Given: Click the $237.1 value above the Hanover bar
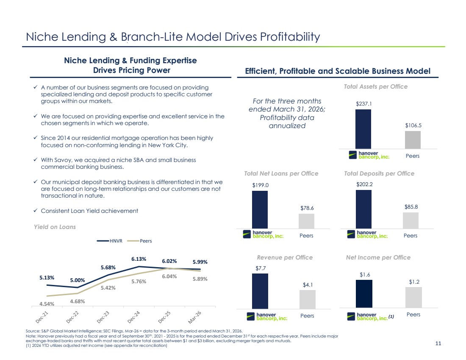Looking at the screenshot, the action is coord(364,104).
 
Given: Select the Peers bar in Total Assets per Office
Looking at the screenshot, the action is coord(413,140).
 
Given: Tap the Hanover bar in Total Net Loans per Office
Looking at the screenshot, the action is coord(260,210).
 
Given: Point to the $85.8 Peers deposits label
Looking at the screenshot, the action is coord(411,207).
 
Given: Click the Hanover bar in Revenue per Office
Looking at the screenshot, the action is coord(260,291).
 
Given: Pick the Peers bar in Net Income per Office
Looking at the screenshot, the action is coord(414,298).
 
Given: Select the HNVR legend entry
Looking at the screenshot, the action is coord(110,241).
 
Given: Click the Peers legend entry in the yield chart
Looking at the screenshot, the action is coord(140,241).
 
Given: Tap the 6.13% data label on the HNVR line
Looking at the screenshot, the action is coord(139,259).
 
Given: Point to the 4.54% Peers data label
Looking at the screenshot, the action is coord(47,304).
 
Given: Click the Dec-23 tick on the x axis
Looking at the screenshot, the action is coord(103,317).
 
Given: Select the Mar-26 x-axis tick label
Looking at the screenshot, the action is coord(195,317).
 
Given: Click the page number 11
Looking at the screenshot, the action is coord(438,343).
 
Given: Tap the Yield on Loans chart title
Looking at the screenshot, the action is coord(55,227).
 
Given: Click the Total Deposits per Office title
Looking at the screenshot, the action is coord(379,173).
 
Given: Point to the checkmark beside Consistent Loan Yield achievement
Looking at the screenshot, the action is coord(35,211).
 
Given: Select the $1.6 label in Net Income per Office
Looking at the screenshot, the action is coord(365,275).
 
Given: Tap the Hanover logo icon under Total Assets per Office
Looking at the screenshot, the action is coord(353,155).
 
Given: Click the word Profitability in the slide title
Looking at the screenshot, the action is coord(290,37).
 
